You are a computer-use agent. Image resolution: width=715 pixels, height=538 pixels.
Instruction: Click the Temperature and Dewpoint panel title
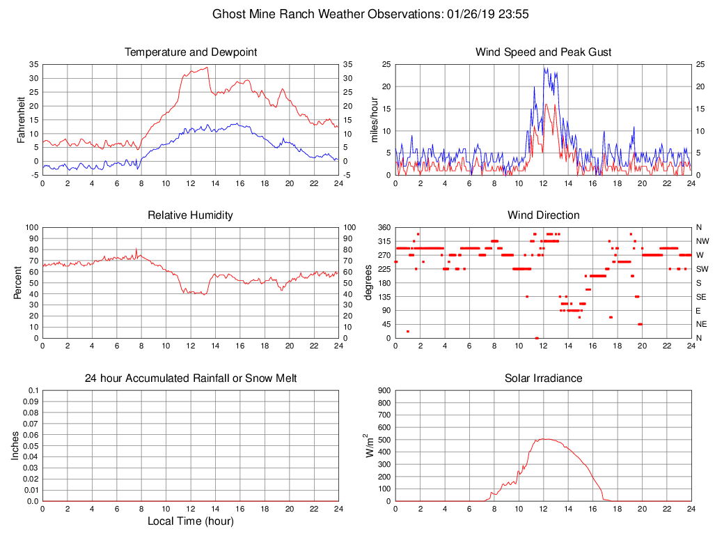[x=190, y=52]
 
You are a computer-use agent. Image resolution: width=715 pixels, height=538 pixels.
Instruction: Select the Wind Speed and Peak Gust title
[x=543, y=52]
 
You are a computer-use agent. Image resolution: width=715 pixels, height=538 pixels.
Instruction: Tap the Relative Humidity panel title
[x=190, y=215]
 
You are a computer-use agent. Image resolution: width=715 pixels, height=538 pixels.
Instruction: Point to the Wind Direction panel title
[x=543, y=215]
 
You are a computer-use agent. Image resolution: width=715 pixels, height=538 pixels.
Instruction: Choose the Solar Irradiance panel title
[x=543, y=378]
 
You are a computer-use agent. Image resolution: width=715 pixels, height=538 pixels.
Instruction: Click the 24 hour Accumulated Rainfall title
[x=190, y=378]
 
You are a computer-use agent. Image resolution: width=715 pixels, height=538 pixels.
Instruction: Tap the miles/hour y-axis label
[x=375, y=119]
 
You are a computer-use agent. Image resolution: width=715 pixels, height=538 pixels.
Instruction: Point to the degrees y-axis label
[x=368, y=282]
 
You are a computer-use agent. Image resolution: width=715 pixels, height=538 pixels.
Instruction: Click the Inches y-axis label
[x=15, y=445]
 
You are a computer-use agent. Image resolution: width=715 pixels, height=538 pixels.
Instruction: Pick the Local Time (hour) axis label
[x=190, y=521]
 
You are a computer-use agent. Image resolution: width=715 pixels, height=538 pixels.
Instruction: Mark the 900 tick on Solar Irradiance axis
[x=384, y=390]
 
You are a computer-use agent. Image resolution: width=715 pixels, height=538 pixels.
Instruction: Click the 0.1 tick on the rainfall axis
[x=33, y=390]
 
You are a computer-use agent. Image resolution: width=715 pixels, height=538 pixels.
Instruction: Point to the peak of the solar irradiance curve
[x=545, y=439]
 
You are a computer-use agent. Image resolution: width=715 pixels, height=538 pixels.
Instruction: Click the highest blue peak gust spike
[x=545, y=68]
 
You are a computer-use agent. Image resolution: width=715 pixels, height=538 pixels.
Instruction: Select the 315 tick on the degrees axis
[x=384, y=241]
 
